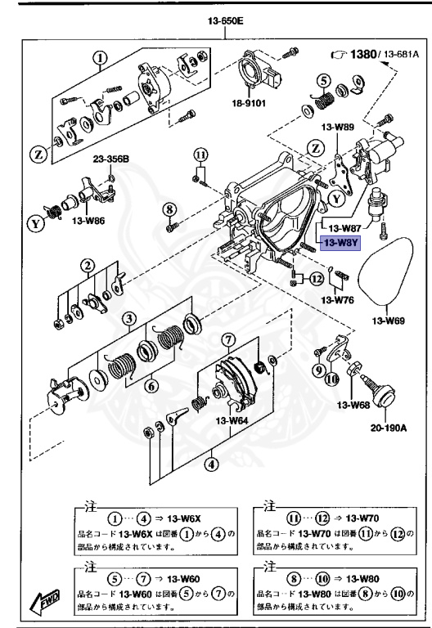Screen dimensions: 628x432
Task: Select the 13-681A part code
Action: (x=400, y=54)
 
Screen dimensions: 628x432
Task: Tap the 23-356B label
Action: (x=110, y=159)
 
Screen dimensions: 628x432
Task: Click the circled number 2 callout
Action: (x=86, y=265)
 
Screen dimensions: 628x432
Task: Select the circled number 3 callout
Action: (x=128, y=317)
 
